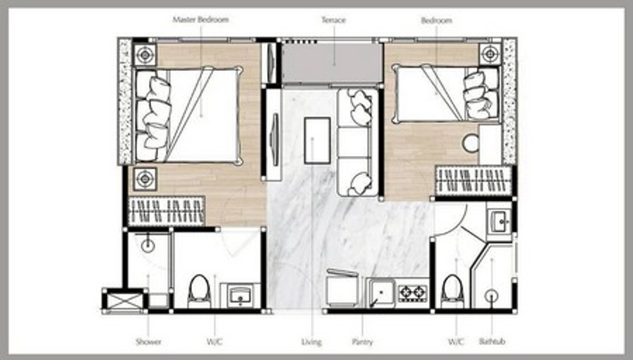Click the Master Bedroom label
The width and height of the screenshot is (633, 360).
[200, 20]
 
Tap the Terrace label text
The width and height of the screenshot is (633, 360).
[334, 20]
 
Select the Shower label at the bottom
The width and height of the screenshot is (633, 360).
[148, 342]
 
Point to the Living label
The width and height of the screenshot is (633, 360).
[312, 342]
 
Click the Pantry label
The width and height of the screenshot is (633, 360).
[362, 342]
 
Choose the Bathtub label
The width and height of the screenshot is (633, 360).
[492, 342]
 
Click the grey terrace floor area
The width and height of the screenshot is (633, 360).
[332, 63]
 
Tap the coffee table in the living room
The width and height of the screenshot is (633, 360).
[318, 140]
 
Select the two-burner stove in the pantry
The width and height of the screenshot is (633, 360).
[413, 293]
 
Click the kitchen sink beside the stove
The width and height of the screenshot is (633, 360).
[381, 293]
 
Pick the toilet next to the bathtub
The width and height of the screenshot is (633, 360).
[453, 291]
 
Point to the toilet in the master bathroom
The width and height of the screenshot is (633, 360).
[199, 291]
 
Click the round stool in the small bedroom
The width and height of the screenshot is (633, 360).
[471, 143]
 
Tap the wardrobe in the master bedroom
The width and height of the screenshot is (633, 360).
[166, 211]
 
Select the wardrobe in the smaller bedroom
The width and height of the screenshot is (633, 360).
[474, 180]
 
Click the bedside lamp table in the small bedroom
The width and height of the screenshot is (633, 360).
[490, 54]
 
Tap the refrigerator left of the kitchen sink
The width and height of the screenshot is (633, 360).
[342, 288]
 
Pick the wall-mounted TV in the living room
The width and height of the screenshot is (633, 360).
[275, 140]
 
